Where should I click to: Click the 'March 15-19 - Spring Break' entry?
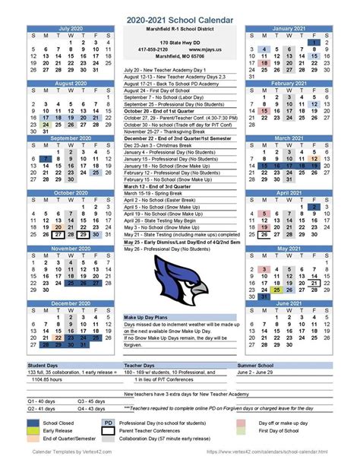click(153, 192)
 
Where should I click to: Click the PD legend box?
click(108, 422)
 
